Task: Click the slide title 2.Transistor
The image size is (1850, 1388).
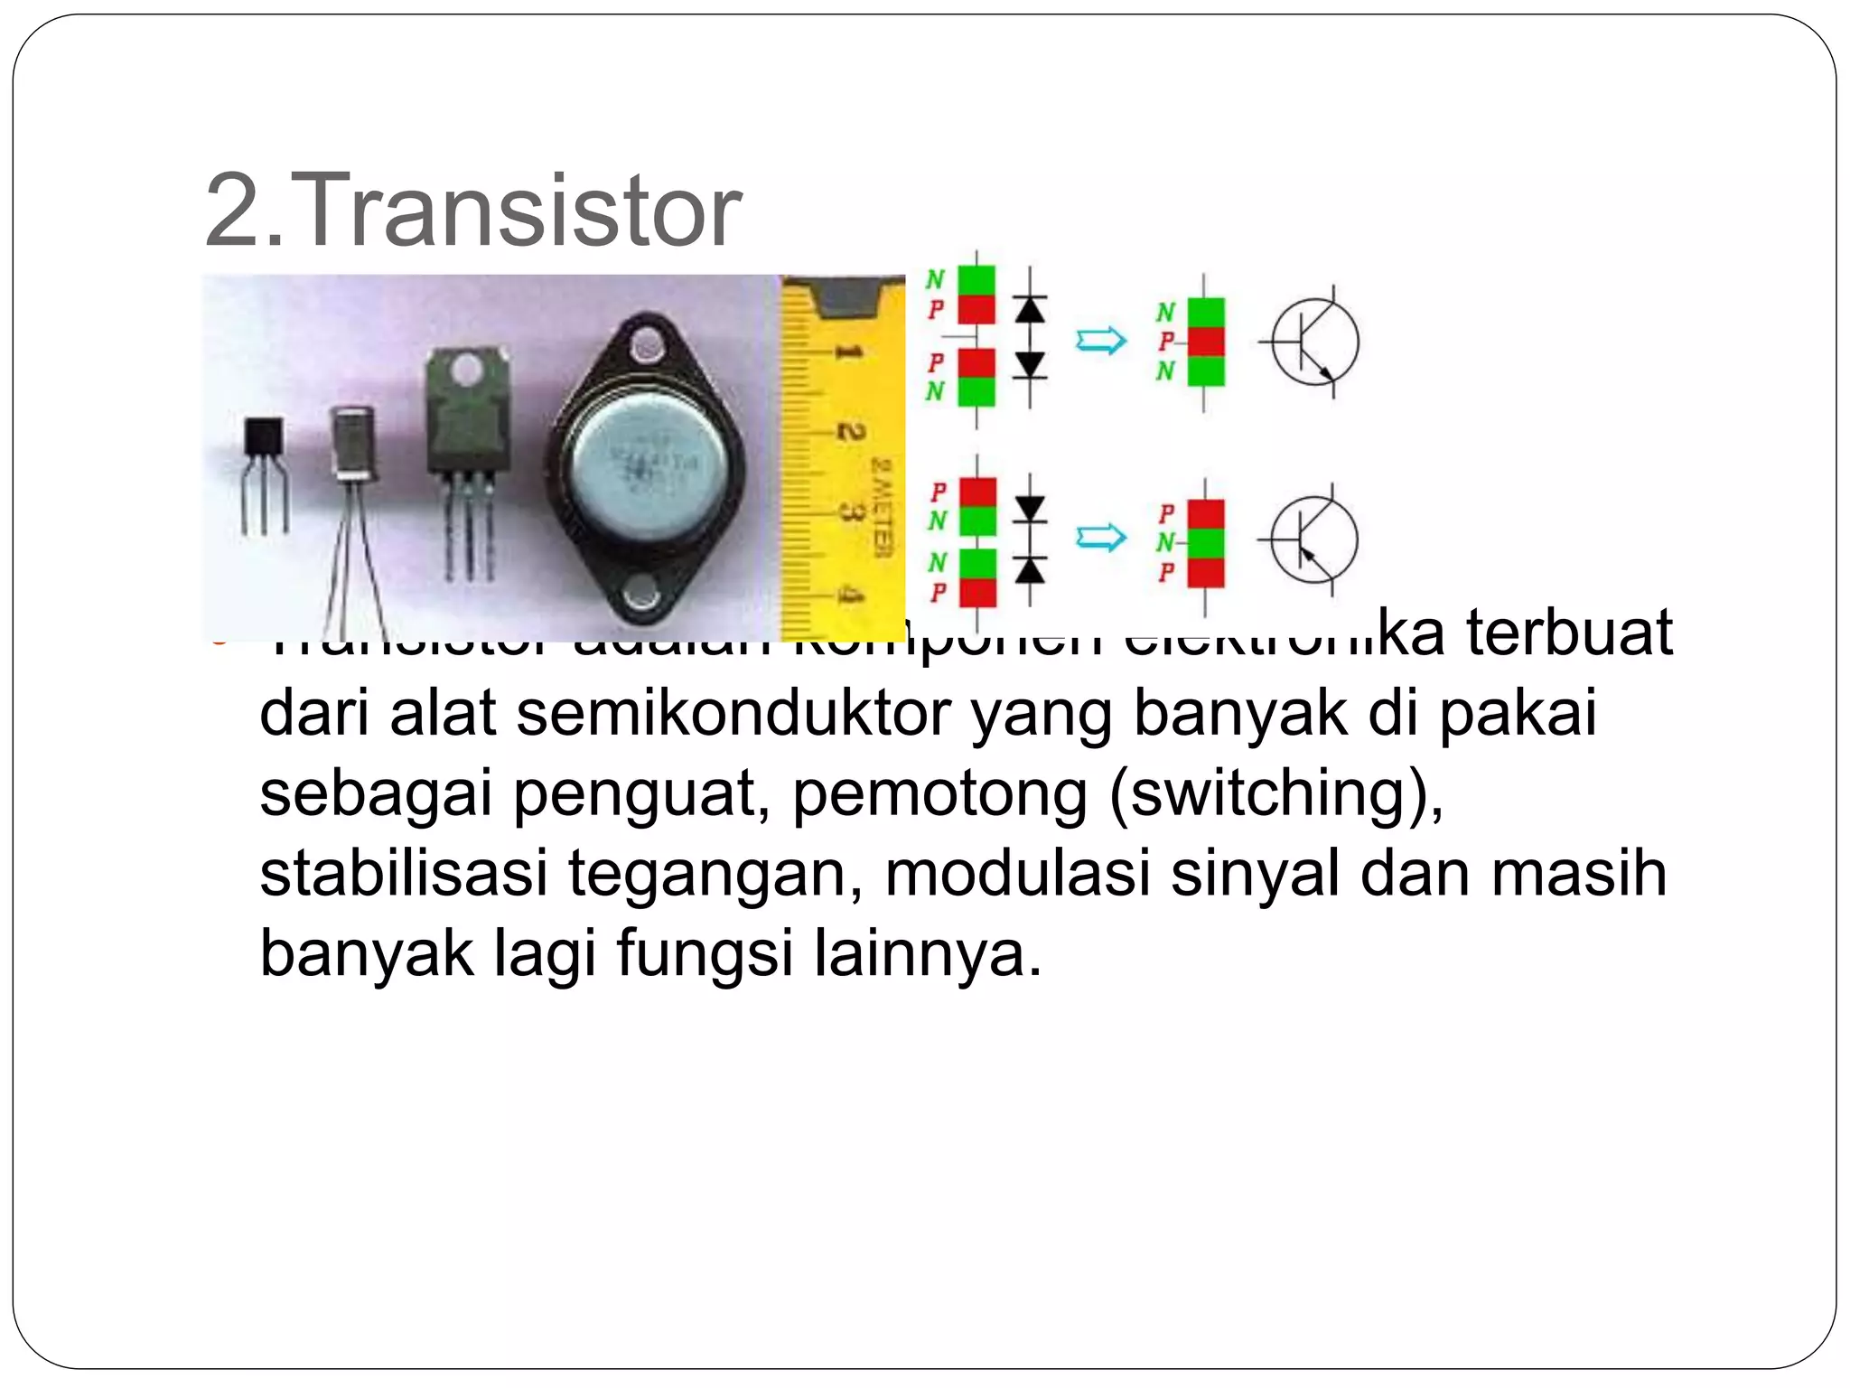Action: [x=473, y=211]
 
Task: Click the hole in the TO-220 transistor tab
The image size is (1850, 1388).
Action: [x=466, y=369]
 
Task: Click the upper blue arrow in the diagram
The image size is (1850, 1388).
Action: [x=1100, y=341]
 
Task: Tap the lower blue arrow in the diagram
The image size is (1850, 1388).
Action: [x=1100, y=539]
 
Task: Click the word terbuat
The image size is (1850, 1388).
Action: [x=1569, y=633]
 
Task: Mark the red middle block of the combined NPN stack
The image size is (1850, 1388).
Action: [x=1206, y=342]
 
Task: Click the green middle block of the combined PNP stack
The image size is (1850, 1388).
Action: [x=1206, y=542]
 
